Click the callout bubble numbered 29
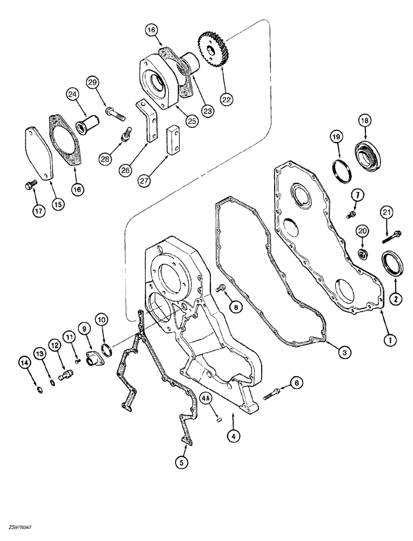[x=93, y=82]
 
